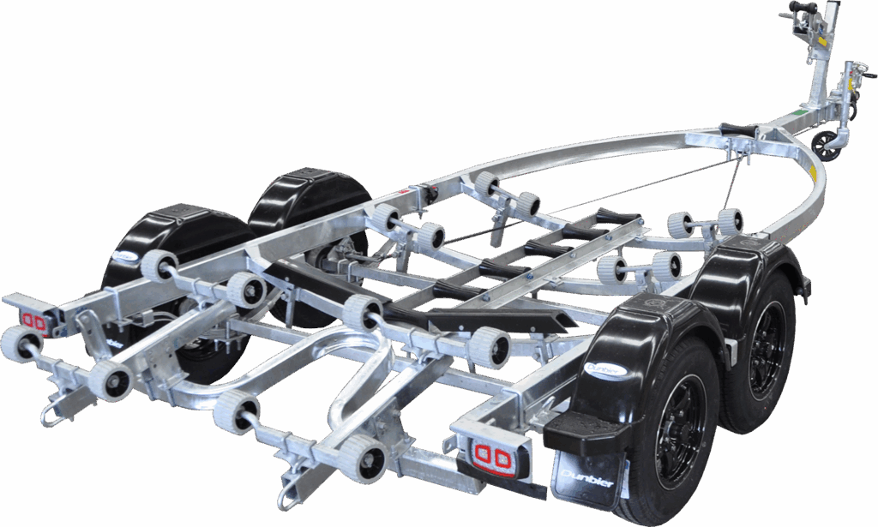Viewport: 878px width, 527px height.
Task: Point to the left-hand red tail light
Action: (33, 320)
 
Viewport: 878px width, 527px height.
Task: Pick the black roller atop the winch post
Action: (801, 14)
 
